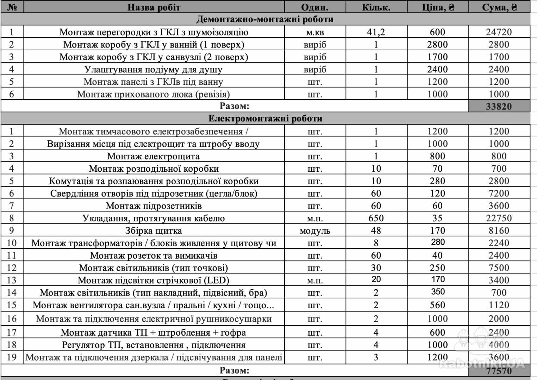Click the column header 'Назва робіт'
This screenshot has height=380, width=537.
click(x=154, y=7)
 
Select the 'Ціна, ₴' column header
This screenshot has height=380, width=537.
click(x=438, y=7)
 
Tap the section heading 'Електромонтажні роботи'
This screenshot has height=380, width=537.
click(x=265, y=118)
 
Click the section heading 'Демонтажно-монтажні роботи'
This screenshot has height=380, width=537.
click(x=265, y=19)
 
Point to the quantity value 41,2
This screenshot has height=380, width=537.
click(x=376, y=32)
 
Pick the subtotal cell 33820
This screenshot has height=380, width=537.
click(x=499, y=106)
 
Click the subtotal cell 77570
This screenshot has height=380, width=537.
click(x=499, y=370)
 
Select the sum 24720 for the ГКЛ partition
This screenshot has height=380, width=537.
click(x=499, y=32)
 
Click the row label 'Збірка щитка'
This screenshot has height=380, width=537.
click(x=154, y=231)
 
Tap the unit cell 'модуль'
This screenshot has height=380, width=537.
click(x=315, y=231)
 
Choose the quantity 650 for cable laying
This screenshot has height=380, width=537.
click(x=376, y=218)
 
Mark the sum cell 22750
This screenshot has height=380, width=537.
click(x=499, y=218)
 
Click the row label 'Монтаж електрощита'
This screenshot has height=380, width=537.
click(x=154, y=156)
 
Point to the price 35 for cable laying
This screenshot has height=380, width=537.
click(x=437, y=218)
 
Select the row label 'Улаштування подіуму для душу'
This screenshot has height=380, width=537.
click(x=154, y=69)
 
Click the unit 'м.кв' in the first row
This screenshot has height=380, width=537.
click(x=315, y=32)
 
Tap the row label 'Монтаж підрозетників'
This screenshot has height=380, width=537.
click(x=154, y=206)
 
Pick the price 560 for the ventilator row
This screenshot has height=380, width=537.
click(x=437, y=305)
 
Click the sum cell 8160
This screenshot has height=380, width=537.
click(x=499, y=231)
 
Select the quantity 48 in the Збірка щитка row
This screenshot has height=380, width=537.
click(x=376, y=231)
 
